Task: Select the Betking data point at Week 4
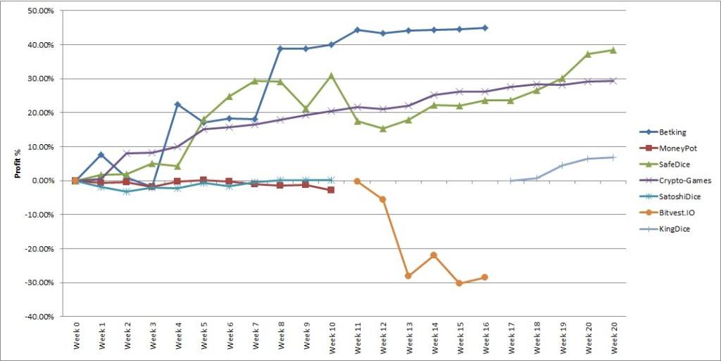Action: pyautogui.click(x=177, y=104)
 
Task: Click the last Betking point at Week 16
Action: pyautogui.click(x=484, y=28)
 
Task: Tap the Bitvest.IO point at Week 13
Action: pyautogui.click(x=408, y=276)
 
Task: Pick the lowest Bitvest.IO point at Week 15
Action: pyautogui.click(x=459, y=283)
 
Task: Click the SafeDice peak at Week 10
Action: pyautogui.click(x=331, y=75)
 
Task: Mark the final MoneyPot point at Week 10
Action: pyautogui.click(x=331, y=190)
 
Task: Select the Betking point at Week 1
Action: pyautogui.click(x=101, y=154)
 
